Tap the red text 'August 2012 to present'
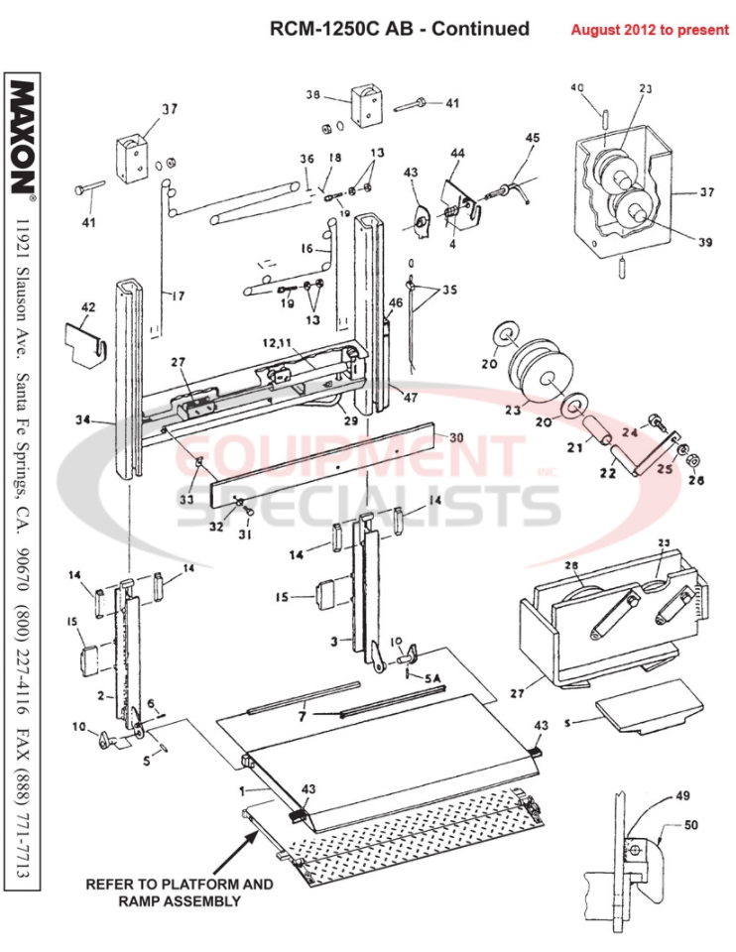(649, 30)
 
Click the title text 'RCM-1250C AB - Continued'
(400, 29)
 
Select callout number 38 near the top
(313, 96)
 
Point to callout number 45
(532, 138)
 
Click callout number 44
(457, 154)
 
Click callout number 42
(88, 307)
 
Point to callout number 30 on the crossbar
(455, 436)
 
